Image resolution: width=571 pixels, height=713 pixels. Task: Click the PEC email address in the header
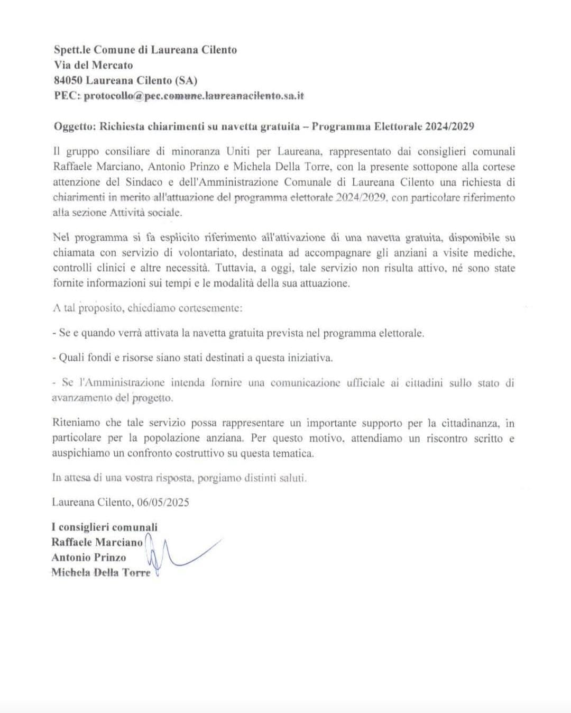click(x=194, y=96)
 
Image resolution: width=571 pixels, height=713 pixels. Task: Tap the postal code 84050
click(x=68, y=80)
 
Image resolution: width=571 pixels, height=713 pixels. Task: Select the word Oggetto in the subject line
click(x=74, y=126)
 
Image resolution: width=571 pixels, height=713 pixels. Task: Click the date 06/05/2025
click(x=162, y=502)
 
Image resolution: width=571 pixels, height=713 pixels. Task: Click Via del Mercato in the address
click(x=94, y=65)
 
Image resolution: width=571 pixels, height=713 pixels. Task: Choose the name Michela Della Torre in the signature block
click(x=101, y=572)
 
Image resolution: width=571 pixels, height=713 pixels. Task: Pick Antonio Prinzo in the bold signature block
click(x=89, y=557)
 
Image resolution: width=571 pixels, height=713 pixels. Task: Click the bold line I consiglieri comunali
click(x=105, y=527)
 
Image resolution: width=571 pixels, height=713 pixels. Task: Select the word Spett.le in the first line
click(x=72, y=50)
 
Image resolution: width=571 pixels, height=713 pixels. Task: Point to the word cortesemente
click(x=211, y=308)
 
